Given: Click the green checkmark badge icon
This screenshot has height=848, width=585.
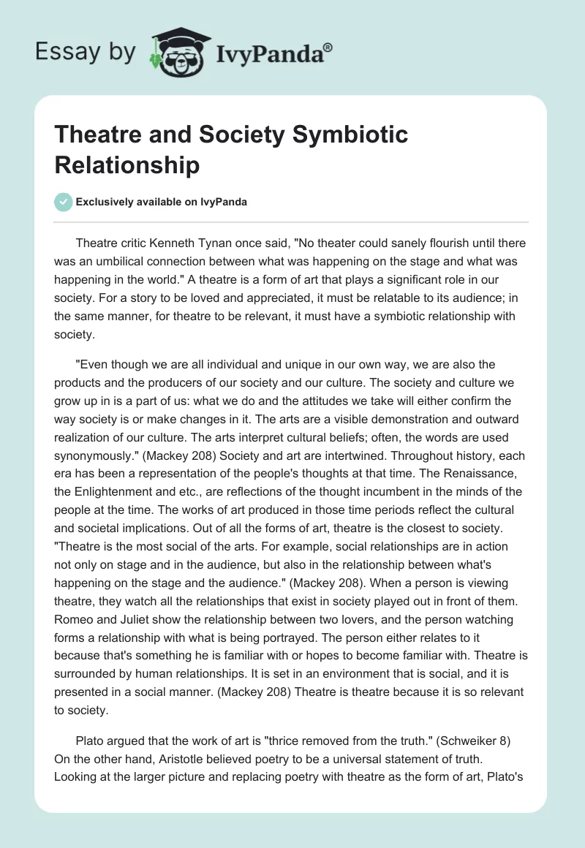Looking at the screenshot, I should tap(64, 202).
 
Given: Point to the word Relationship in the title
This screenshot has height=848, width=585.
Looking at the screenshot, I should tap(127, 164).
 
